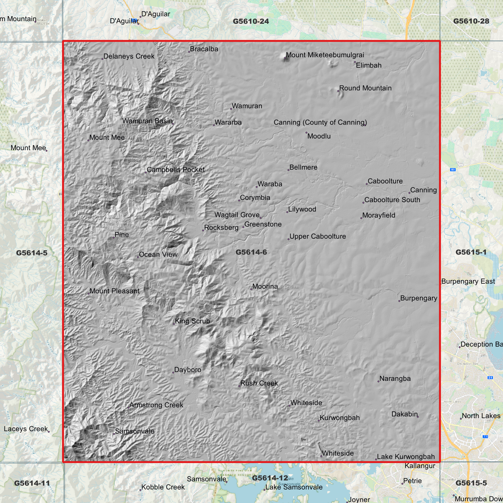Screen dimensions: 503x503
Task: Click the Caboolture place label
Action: point(385,181)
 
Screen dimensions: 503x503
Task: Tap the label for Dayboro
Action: point(188,370)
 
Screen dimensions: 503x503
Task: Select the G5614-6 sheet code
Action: point(251,252)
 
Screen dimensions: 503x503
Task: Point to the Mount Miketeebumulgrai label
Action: point(325,55)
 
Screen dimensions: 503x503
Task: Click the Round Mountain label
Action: point(365,88)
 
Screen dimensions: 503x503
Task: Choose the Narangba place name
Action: point(395,378)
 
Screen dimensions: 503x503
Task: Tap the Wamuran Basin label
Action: point(147,121)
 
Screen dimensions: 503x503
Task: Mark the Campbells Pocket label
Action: point(175,170)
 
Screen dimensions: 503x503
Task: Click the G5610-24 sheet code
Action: point(251,21)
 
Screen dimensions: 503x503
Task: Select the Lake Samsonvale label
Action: point(294,487)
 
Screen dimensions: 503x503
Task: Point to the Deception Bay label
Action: point(481,344)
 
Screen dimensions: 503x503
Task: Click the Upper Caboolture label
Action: point(317,236)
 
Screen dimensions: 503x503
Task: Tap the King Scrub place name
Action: point(192,321)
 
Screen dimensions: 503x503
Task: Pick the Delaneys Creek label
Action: point(129,56)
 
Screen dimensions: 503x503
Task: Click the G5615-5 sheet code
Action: point(471,483)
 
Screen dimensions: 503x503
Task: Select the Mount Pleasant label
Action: point(114,291)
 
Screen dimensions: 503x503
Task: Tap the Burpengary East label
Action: point(468,281)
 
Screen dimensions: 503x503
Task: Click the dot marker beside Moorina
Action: point(251,289)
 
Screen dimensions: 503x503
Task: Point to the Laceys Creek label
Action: point(25,429)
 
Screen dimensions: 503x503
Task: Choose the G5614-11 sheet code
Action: point(32,483)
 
